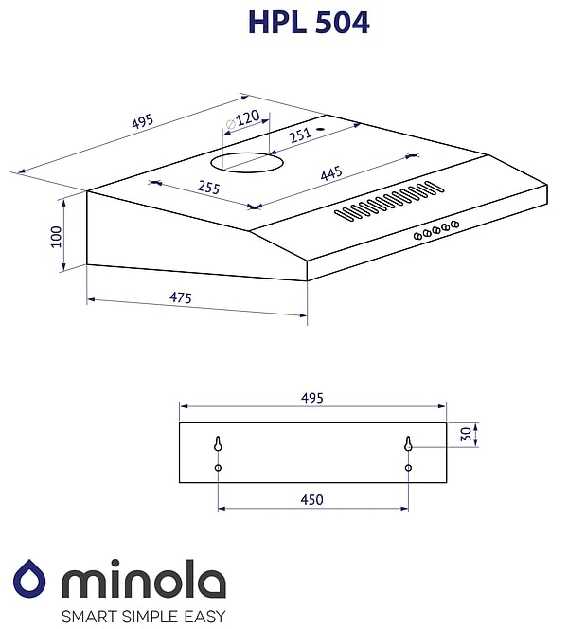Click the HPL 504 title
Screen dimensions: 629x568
pos(309,23)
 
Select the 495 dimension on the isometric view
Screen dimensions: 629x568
pos(142,123)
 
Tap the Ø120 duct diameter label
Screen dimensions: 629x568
pos(244,120)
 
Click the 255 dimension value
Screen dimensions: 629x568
pos(207,188)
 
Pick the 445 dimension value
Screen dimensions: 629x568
pos(331,174)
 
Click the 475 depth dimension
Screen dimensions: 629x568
pos(180,298)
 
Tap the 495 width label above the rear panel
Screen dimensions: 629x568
pos(312,398)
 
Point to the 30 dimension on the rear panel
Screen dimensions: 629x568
pos(464,434)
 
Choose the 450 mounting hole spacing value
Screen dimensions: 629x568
pos(312,499)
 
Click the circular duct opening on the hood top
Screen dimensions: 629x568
pos(251,163)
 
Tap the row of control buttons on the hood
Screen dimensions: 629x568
pos(435,229)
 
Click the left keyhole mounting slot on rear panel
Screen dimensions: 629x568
pos(219,444)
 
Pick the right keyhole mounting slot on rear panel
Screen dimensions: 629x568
pos(408,444)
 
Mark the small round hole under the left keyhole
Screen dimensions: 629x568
pos(219,468)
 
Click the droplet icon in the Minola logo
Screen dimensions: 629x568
pos(30,580)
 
